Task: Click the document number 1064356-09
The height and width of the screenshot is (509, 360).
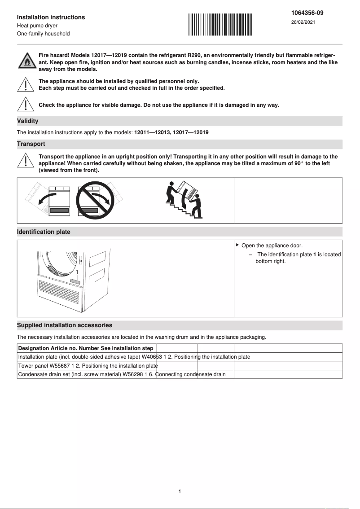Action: [x=307, y=13]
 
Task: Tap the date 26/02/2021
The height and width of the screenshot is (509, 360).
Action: [x=303, y=22]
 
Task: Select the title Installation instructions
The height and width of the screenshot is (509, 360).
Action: [x=51, y=17]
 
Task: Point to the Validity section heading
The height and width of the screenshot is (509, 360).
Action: [x=28, y=121]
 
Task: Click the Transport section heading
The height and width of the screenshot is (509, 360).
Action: [x=31, y=144]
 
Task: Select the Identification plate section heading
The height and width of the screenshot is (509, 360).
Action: [x=44, y=232]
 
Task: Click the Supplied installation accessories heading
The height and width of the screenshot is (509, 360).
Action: [x=65, y=325]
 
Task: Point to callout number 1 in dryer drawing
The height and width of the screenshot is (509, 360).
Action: [x=77, y=272]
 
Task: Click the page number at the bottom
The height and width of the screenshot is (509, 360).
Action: [x=180, y=491]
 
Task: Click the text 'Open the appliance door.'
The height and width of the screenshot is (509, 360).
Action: [x=272, y=246]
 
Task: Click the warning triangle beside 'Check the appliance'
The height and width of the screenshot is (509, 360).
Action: [x=26, y=104]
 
